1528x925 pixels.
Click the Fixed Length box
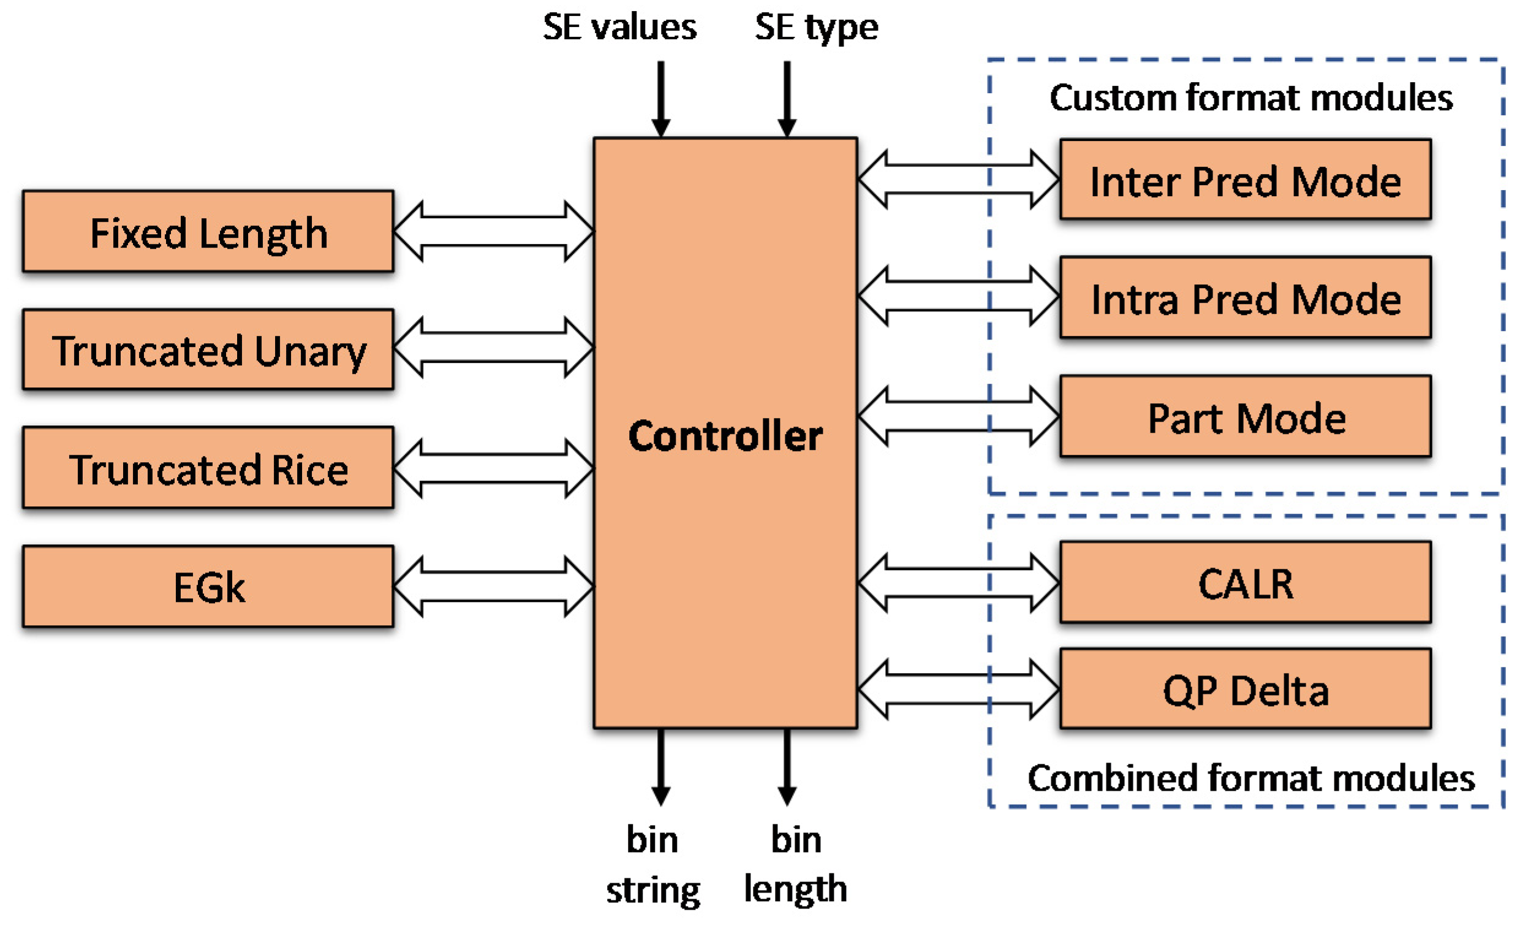click(208, 232)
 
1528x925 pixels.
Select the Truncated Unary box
click(208, 349)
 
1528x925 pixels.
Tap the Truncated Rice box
click(208, 468)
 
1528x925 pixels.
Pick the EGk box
click(208, 586)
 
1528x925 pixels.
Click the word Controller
click(725, 435)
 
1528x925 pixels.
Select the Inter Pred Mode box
click(1245, 180)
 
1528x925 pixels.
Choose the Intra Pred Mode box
click(1245, 298)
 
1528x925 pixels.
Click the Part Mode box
click(1245, 416)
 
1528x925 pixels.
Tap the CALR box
click(1245, 582)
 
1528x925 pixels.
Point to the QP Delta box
click(1245, 689)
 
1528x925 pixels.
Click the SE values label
click(619, 28)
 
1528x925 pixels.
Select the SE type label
click(816, 28)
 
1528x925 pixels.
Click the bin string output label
click(652, 864)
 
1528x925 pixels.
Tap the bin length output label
click(796, 864)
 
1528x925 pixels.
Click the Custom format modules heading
click(1251, 98)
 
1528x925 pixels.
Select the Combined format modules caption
click(1251, 778)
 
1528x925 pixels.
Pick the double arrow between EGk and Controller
click(494, 586)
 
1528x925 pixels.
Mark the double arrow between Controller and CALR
click(959, 582)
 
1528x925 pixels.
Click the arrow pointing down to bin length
click(787, 767)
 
